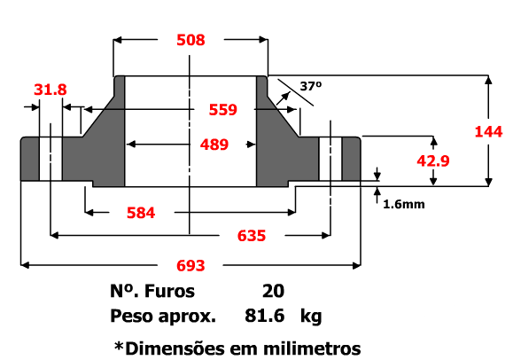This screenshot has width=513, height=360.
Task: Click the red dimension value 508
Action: [x=190, y=40]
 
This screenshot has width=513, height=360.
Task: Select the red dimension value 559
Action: [x=222, y=110]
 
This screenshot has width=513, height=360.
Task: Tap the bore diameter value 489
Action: [x=214, y=145]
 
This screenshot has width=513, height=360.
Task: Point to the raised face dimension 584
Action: [x=141, y=213]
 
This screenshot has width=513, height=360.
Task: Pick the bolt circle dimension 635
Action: [x=252, y=236]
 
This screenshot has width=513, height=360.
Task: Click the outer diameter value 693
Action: [x=190, y=265]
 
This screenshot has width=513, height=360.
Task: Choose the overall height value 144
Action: [x=488, y=132]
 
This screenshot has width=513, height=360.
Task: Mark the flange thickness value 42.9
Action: [x=433, y=160]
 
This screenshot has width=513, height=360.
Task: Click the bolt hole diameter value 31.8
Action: [x=50, y=90]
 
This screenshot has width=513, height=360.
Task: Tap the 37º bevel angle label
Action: [x=311, y=86]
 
